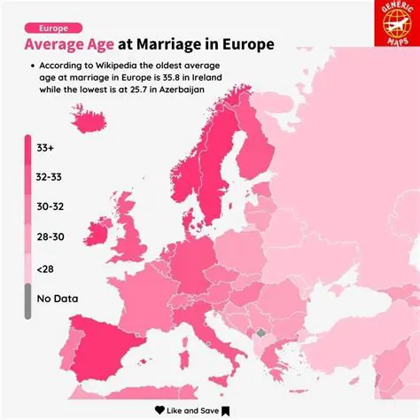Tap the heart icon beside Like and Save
(x=159, y=410)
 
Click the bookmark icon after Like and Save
(x=226, y=410)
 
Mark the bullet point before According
(x=32, y=66)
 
